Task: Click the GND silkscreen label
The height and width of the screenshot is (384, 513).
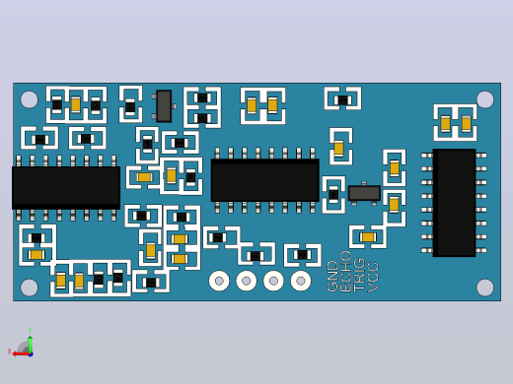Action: coord(332,276)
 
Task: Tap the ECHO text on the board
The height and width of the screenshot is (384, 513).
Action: coord(345,272)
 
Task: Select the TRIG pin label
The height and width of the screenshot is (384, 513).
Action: coord(359,275)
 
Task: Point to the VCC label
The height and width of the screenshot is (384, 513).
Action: coord(373,277)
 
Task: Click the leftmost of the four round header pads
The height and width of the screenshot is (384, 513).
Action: coord(219,281)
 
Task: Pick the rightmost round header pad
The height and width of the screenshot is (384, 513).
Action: coord(301,281)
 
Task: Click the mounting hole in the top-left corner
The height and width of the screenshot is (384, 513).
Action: coord(29,99)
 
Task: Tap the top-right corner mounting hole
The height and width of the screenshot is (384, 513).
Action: coord(484,99)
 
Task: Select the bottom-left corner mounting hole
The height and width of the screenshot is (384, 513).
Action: coord(29,288)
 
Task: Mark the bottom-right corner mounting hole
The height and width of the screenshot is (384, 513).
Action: coord(484,288)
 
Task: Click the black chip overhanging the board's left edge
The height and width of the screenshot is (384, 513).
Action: coord(66,188)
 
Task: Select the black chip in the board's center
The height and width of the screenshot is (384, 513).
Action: coord(264,180)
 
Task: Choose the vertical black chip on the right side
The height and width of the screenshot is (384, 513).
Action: coord(454,203)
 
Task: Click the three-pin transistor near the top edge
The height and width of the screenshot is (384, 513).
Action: coord(164,106)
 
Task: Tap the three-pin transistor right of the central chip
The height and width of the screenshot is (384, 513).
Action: coord(364,193)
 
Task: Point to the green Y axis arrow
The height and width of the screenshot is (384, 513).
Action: coord(30,340)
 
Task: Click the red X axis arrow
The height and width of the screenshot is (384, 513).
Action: coord(21,353)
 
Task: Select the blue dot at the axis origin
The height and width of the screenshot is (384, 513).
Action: coord(31,354)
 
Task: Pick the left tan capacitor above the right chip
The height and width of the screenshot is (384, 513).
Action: coord(445,123)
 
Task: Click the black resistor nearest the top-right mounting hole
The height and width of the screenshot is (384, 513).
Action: coord(342,100)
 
